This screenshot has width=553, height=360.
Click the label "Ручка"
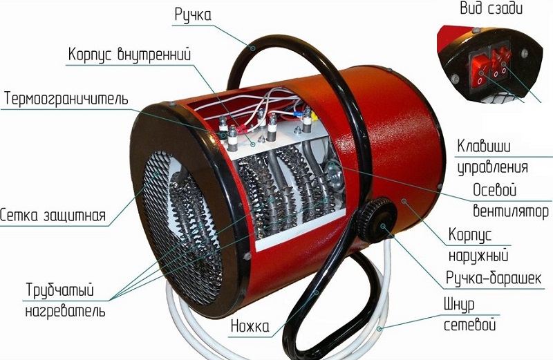point(193,15)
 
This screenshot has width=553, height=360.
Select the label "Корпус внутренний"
point(129,55)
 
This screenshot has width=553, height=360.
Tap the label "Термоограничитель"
point(66,99)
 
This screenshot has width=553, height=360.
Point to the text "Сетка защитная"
point(53,215)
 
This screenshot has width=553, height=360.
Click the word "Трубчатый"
point(60,290)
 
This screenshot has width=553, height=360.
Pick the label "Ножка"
point(250,326)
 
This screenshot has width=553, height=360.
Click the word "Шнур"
point(459,305)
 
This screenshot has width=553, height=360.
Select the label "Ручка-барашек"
point(494,278)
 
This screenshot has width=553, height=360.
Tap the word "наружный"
point(478,255)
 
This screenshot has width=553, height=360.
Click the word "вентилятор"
point(511,211)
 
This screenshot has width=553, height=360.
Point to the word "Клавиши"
point(483,145)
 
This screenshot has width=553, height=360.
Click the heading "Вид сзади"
point(491,8)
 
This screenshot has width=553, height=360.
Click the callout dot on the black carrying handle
point(253,48)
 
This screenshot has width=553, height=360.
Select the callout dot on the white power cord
point(379,329)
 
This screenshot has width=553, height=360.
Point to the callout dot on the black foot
point(317,292)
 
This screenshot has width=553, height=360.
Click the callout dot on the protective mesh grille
point(156,173)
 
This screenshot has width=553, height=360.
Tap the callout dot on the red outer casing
point(404,201)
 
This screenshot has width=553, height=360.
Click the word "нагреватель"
point(65,312)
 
